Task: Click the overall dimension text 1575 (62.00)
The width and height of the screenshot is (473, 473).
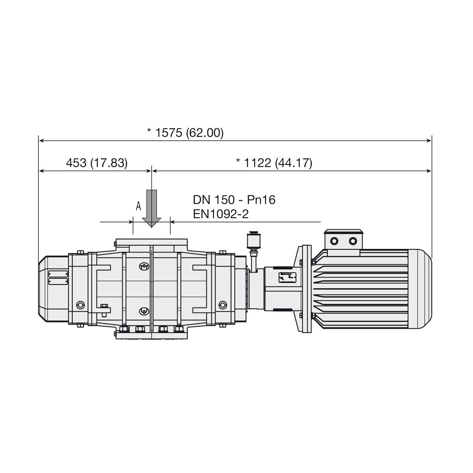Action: click(189, 133)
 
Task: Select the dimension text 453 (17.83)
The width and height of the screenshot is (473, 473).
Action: click(97, 163)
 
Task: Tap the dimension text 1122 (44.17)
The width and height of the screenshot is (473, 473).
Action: click(278, 163)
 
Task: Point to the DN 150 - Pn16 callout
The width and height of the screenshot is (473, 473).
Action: click(234, 200)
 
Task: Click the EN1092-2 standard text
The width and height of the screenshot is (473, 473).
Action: click(221, 214)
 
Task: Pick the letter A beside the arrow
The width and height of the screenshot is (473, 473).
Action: click(138, 206)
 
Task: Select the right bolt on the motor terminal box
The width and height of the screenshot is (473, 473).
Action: click(353, 241)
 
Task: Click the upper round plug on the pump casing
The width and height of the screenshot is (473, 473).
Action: click(144, 266)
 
